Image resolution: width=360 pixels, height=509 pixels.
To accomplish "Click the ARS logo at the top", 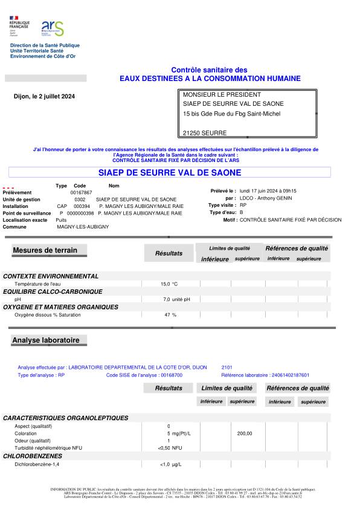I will [x=52, y=28].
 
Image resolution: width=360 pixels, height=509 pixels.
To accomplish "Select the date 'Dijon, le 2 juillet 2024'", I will [x=44, y=97].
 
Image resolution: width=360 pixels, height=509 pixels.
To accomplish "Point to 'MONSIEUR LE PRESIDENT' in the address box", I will [x=222, y=94].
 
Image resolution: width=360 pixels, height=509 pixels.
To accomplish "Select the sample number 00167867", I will [x=81, y=192].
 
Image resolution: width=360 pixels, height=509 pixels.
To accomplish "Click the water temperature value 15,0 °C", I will [x=169, y=284].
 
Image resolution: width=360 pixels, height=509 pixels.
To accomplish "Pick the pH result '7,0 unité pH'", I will [x=176, y=299].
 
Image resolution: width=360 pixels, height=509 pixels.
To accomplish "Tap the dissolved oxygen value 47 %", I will [x=170, y=315].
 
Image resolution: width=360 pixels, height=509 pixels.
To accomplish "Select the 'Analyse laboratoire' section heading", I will [x=46, y=340].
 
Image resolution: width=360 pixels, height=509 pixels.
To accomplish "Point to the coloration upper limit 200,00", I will [x=245, y=433].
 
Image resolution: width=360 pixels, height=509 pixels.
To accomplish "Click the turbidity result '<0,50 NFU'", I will [x=170, y=448].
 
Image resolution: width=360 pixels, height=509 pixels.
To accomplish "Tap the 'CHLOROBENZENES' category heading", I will [x=33, y=456].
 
